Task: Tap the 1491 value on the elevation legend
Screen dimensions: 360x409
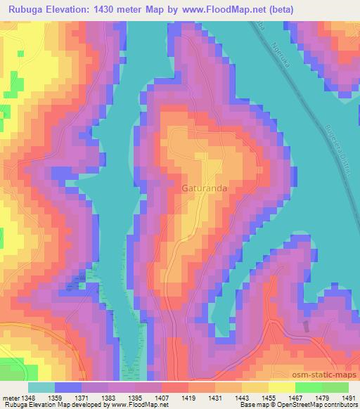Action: click(347, 398)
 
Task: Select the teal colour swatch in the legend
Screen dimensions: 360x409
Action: click(41, 387)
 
